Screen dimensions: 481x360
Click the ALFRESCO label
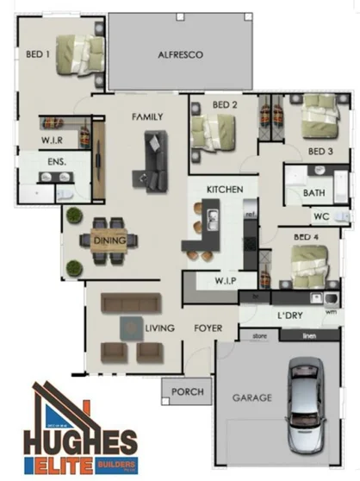pyautogui.click(x=180, y=54)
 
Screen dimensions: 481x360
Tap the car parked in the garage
pyautogui.click(x=307, y=404)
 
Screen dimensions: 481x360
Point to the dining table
pyautogui.click(x=110, y=240)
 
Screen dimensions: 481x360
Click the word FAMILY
pyautogui.click(x=147, y=116)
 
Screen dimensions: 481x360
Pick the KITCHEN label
pyautogui.click(x=225, y=189)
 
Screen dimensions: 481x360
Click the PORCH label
pyautogui.click(x=188, y=391)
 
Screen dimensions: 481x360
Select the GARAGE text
pyautogui.click(x=251, y=398)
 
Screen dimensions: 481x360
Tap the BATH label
pyautogui.click(x=314, y=193)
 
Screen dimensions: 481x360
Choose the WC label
pyautogui.click(x=320, y=216)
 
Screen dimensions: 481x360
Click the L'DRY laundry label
pyautogui.click(x=289, y=315)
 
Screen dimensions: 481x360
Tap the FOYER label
pyautogui.click(x=208, y=328)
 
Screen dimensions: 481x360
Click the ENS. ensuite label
pyautogui.click(x=57, y=161)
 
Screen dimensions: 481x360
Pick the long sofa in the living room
pyautogui.click(x=130, y=303)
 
